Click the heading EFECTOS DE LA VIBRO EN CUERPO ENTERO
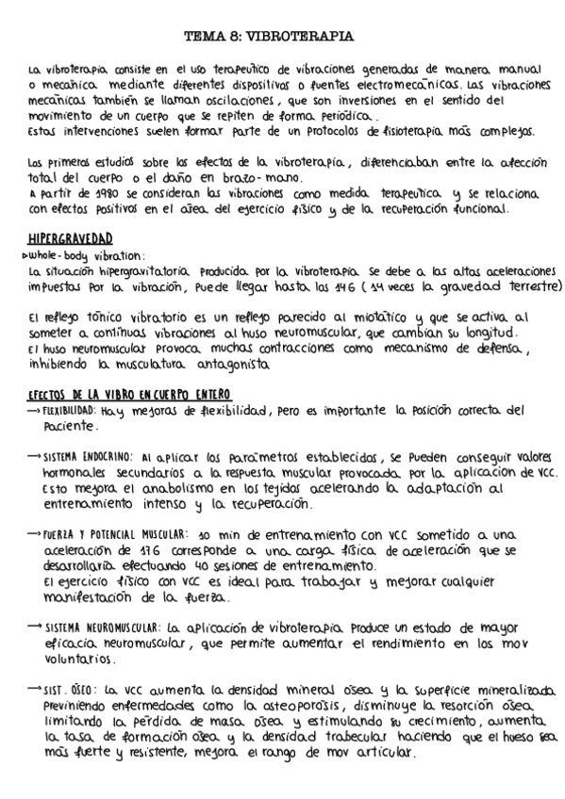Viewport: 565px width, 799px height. pyautogui.click(x=129, y=393)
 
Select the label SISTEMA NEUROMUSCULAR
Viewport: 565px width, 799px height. pyautogui.click(x=101, y=627)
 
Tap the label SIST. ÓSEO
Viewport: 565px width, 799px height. pyautogui.click(x=70, y=689)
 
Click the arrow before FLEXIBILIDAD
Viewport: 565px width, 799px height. pyautogui.click(x=32, y=411)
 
